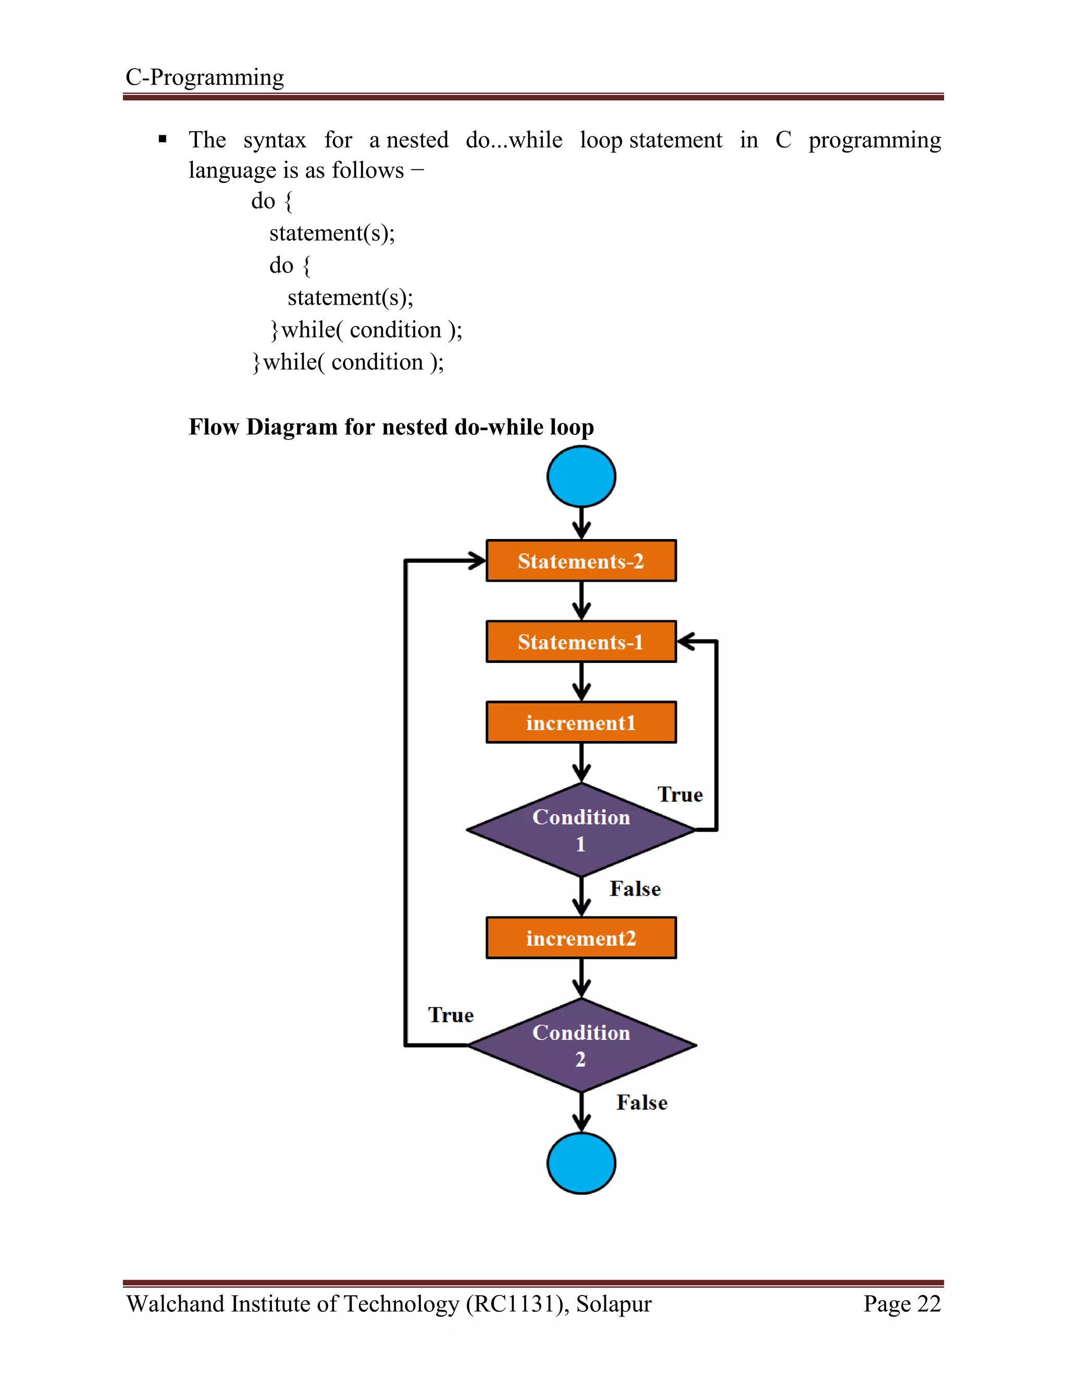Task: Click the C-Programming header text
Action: point(204,77)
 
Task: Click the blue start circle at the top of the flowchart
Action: point(581,476)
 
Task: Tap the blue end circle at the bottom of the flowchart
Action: point(581,1163)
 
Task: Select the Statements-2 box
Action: point(581,560)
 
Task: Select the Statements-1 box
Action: point(581,642)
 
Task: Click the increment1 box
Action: point(581,722)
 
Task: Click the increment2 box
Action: point(581,938)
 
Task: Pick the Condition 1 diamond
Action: point(581,830)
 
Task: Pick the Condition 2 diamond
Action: point(581,1045)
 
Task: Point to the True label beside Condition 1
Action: point(680,794)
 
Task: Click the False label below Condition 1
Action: point(635,889)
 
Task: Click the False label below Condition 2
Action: point(641,1102)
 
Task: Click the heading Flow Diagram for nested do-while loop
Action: point(391,427)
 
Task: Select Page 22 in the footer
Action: point(902,1303)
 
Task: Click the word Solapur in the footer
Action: point(613,1303)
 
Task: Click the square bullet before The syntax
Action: point(163,139)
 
